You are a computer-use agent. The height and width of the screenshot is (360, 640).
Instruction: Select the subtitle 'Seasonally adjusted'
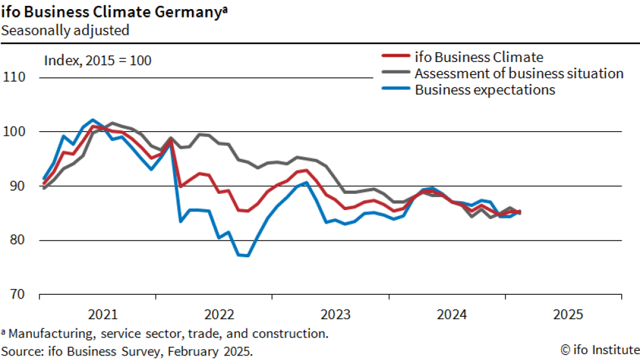click(x=65, y=30)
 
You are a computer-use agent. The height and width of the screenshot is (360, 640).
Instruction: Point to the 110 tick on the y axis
click(x=15, y=78)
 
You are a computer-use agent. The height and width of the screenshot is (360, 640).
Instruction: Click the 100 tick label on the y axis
click(x=15, y=132)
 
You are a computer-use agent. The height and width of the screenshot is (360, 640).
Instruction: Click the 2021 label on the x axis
click(x=103, y=315)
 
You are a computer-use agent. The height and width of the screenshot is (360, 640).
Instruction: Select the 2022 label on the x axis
click(x=219, y=315)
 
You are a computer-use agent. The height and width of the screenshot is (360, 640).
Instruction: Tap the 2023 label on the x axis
click(x=336, y=315)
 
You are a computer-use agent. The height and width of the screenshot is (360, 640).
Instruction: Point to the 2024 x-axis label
click(x=452, y=315)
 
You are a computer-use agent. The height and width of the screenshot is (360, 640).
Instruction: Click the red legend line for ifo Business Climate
click(x=395, y=57)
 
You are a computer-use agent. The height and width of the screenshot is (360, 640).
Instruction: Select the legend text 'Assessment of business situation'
click(x=519, y=73)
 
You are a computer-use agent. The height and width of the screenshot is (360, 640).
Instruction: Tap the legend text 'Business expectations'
click(x=485, y=90)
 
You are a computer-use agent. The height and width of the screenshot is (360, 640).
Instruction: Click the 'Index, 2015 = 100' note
click(x=98, y=61)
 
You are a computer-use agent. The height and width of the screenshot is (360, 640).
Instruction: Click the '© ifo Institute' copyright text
click(x=599, y=350)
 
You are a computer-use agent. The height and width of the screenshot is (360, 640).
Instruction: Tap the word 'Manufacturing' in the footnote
click(x=49, y=334)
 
